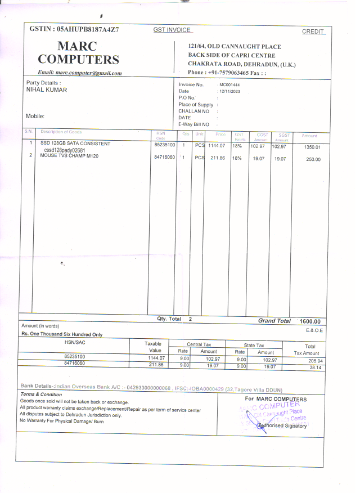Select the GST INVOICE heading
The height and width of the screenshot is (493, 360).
pyautogui.click(x=172, y=30)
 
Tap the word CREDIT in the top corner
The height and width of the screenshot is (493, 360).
pyautogui.click(x=313, y=32)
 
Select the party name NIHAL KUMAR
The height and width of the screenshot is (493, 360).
pyautogui.click(x=47, y=90)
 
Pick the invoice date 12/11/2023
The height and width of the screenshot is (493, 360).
pyautogui.click(x=230, y=91)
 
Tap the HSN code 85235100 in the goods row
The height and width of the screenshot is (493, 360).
pyautogui.click(x=165, y=145)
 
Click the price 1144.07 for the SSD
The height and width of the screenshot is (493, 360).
pyautogui.click(x=217, y=145)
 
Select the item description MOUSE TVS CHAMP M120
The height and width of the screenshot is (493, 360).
pyautogui.click(x=69, y=156)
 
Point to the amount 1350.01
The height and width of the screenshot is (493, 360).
pyautogui.click(x=312, y=147)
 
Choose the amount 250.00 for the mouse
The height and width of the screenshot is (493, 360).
pyautogui.click(x=313, y=160)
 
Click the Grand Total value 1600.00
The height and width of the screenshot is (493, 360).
pyautogui.click(x=310, y=321)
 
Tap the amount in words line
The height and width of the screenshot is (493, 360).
pyautogui.click(x=62, y=334)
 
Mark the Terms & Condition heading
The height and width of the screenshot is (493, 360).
pyautogui.click(x=41, y=395)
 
